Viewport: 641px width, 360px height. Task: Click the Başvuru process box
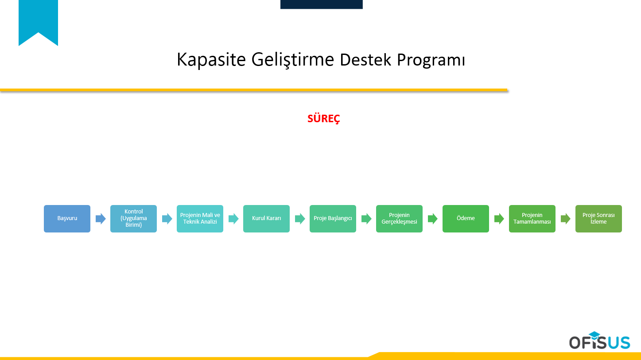click(x=67, y=218)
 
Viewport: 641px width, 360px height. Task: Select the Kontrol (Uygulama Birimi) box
click(x=133, y=218)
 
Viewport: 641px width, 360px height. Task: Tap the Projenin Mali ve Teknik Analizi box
click(x=200, y=218)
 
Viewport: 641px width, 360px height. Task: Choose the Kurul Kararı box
click(x=266, y=218)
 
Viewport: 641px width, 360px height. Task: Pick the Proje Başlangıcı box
click(x=333, y=218)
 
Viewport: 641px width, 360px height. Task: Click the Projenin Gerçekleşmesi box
click(x=399, y=218)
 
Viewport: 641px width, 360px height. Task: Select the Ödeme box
click(x=466, y=218)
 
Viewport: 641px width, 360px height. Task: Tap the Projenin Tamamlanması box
click(x=532, y=218)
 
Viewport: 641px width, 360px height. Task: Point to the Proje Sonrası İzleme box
click(x=598, y=218)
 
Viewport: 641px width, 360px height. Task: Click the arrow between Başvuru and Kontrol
click(x=101, y=219)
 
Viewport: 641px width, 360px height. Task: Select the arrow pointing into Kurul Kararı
click(x=233, y=219)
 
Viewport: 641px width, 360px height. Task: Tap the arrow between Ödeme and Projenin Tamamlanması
click(x=499, y=219)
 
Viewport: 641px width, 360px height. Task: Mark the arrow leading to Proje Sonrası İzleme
click(x=566, y=219)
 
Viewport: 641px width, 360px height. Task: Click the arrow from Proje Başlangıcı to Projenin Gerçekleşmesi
click(x=366, y=219)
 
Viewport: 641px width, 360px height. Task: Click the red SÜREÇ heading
click(x=324, y=119)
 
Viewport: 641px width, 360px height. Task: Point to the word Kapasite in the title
click(x=211, y=60)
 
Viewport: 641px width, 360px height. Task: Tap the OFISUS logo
click(x=599, y=341)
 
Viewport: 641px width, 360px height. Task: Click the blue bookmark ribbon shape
click(x=38, y=20)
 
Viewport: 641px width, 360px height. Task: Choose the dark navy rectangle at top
click(x=321, y=4)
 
